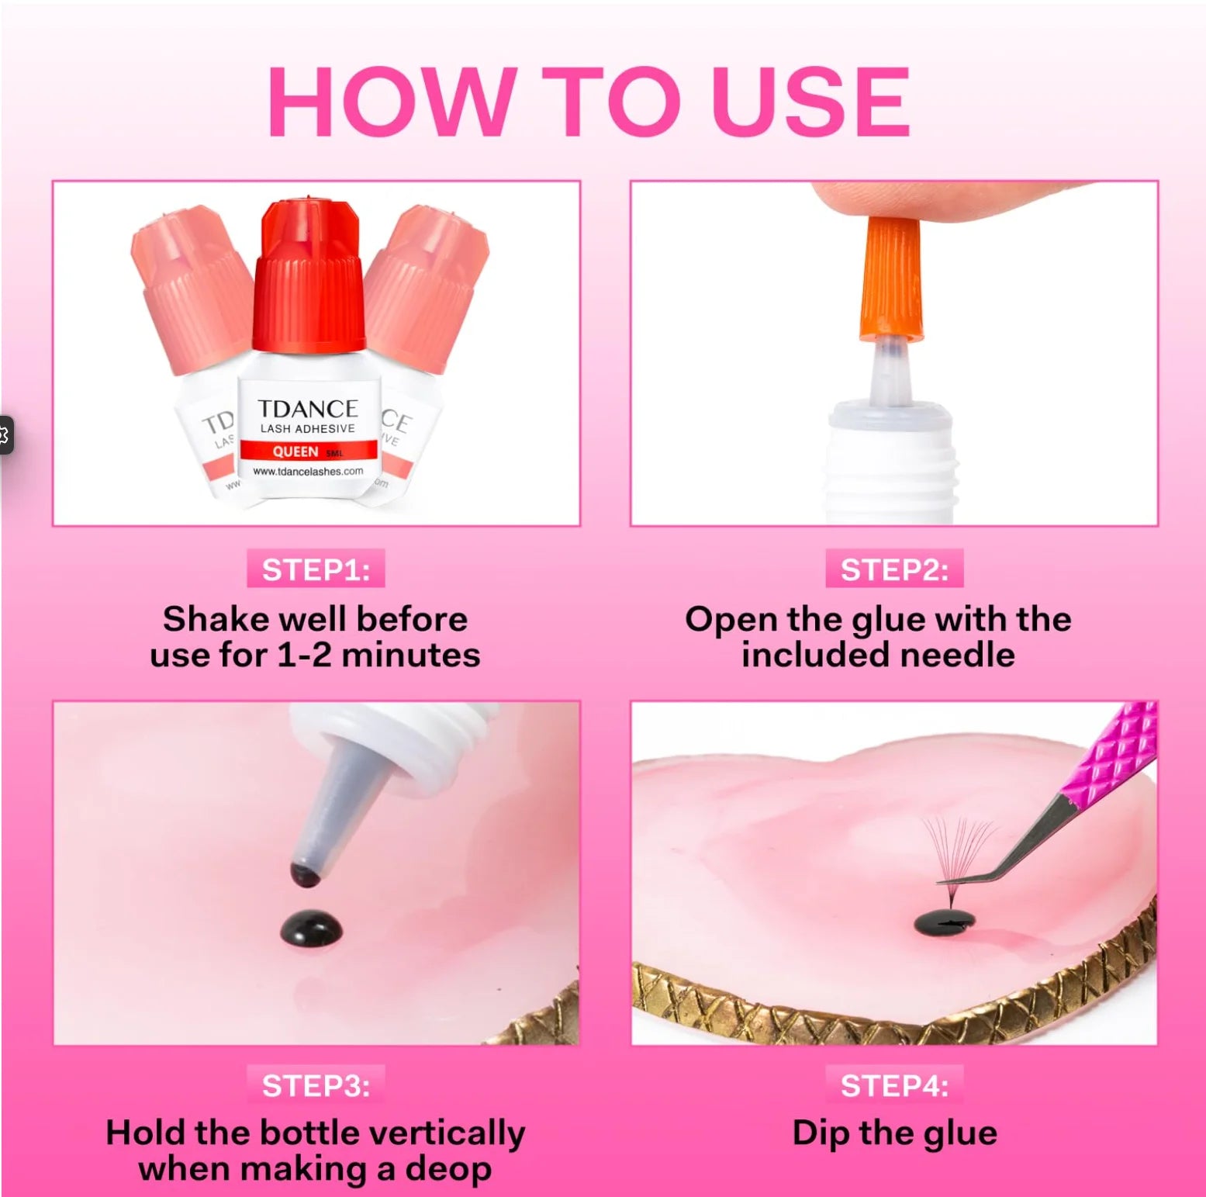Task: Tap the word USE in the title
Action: click(810, 102)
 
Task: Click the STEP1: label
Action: click(316, 569)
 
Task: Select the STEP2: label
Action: click(894, 569)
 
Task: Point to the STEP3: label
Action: click(316, 1085)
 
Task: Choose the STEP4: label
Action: click(894, 1085)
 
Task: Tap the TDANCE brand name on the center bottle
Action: click(307, 409)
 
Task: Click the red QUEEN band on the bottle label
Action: click(308, 451)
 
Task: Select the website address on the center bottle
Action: click(308, 471)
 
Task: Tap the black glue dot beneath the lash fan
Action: click(944, 922)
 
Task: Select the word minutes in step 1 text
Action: click(411, 656)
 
